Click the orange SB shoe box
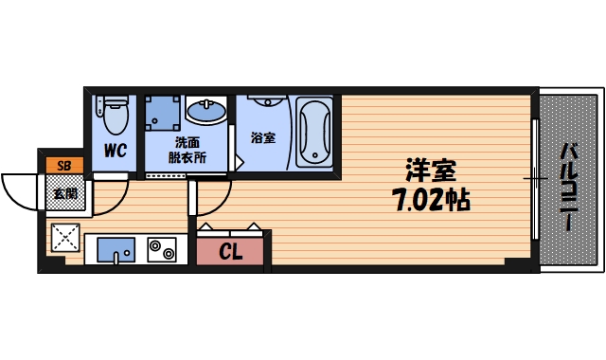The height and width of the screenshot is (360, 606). tap(63, 166)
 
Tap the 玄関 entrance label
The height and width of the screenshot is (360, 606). tap(63, 193)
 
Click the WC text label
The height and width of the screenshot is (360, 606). tap(116, 151)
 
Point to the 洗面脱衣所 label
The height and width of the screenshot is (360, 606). tap(187, 151)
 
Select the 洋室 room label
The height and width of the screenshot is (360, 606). tap(431, 171)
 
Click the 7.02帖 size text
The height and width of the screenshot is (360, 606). tap(431, 201)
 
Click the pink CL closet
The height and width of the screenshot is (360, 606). tap(231, 251)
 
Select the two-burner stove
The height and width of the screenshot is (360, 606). tap(162, 251)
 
